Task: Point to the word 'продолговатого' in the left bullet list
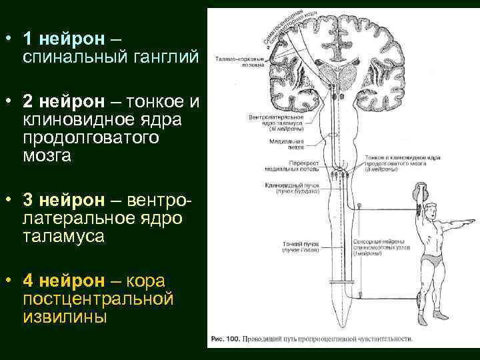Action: click(x=91, y=138)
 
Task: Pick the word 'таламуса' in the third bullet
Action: click(x=64, y=237)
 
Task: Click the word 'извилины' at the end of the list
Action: click(x=65, y=317)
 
